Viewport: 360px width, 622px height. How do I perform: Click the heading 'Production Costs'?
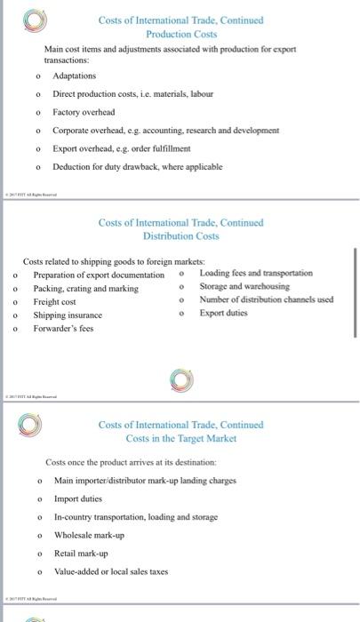click(181, 33)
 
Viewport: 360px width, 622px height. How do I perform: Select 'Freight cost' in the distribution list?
click(54, 302)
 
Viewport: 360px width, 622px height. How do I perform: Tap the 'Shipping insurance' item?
click(68, 315)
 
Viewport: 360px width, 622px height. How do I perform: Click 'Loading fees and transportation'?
click(256, 273)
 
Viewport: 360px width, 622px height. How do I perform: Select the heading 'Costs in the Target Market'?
click(181, 439)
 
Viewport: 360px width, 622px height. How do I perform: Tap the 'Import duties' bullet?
click(78, 499)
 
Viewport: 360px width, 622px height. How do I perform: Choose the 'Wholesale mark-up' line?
click(90, 535)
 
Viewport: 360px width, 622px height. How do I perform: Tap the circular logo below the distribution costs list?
click(180, 379)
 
